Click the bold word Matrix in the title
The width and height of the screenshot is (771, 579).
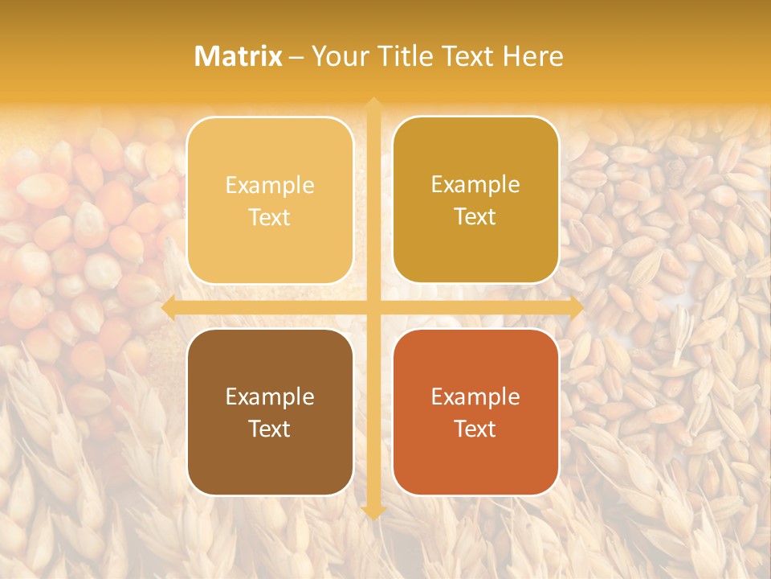tap(239, 56)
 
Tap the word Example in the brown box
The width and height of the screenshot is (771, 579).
tap(270, 396)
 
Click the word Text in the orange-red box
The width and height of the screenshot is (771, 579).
tap(475, 429)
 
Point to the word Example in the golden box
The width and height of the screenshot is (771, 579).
tap(475, 185)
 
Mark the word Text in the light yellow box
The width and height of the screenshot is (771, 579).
tap(270, 217)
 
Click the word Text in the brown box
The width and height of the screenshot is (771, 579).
tap(270, 429)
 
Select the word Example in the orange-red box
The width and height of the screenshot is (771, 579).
tap(475, 396)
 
